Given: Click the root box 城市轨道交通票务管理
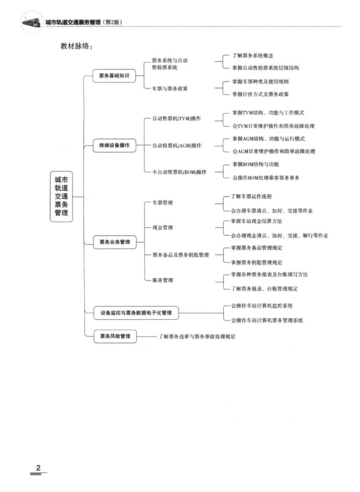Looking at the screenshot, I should coord(61,197).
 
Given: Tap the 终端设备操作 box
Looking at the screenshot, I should coord(114,145).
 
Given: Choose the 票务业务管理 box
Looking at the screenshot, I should coord(114,242).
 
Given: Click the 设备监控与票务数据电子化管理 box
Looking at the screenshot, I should coord(136,313).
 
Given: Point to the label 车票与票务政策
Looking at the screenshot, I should coord(170,88).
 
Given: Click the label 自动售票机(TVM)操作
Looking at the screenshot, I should coord(176,119).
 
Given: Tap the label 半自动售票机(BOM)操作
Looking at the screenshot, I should coord(179,172).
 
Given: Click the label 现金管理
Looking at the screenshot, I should coord(163,228).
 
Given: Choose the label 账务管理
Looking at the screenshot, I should coord(163,280).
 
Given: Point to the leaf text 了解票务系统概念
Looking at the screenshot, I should coord(252,56).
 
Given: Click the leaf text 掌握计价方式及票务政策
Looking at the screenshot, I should coord(260,94).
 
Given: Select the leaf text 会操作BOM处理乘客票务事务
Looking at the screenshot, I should coord(266,178).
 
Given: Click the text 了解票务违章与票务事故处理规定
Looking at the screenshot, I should coord(197,337).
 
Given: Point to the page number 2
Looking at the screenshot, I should coord(38,468).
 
